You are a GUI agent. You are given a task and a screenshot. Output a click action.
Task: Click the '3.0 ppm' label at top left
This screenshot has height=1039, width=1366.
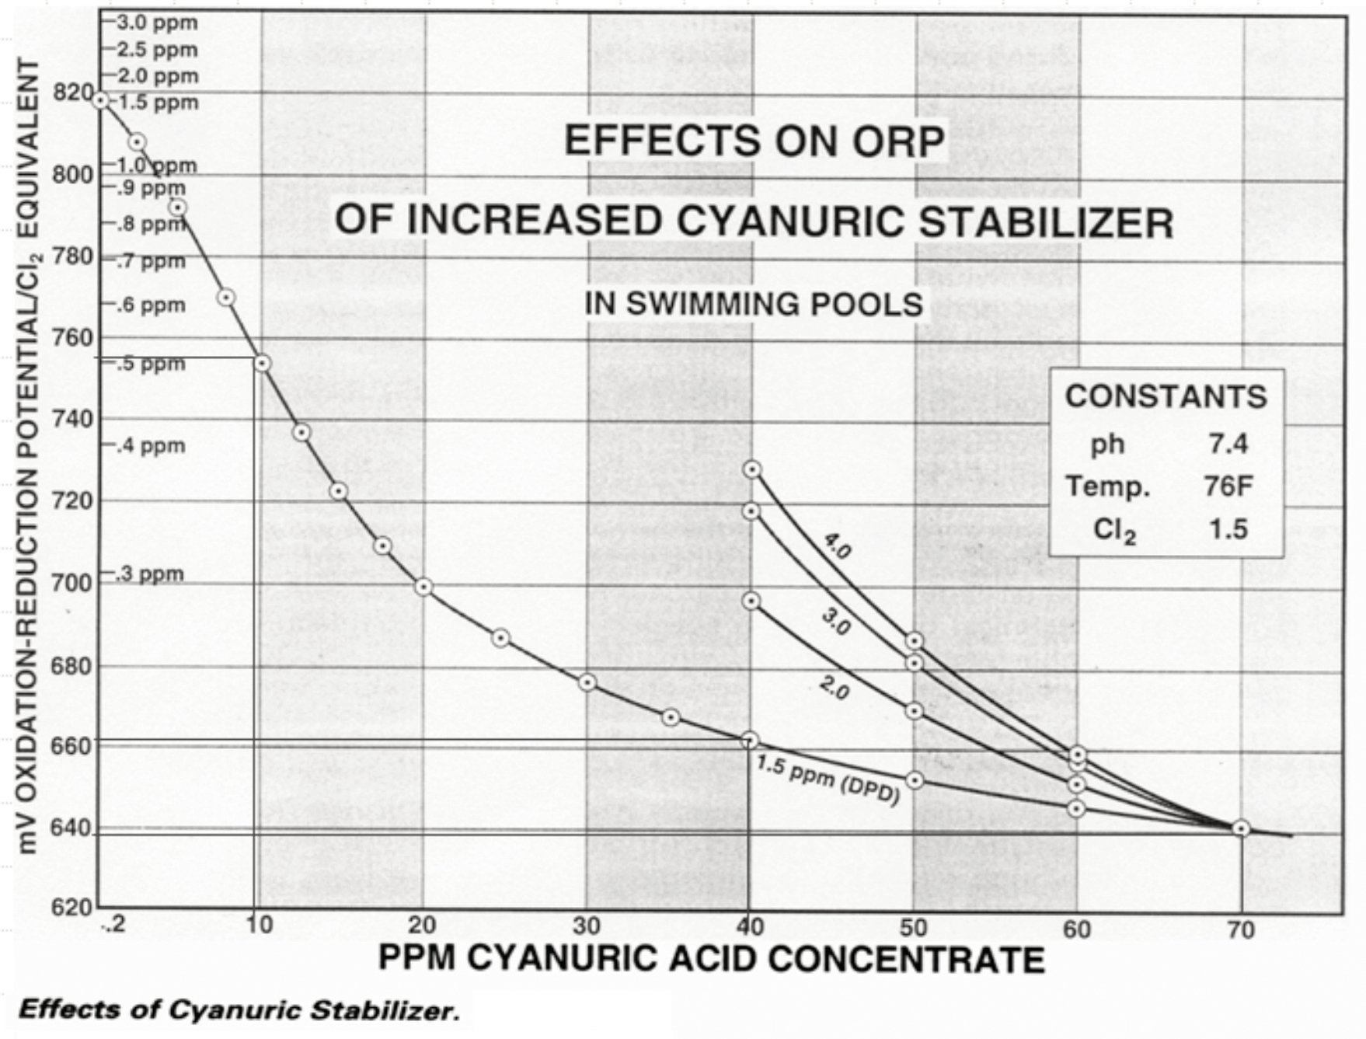pos(158,23)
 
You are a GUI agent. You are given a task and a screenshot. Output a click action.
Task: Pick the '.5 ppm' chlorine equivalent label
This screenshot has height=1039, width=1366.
pos(152,364)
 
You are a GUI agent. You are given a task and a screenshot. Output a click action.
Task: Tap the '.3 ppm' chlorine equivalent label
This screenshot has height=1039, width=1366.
pos(152,574)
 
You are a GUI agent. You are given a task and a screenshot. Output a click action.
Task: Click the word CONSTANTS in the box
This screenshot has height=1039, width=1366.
pos(1166,396)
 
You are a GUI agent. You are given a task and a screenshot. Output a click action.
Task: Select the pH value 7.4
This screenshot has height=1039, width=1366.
pos(1228,444)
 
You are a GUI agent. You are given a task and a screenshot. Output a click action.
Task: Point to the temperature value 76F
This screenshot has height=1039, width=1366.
pos(1228,486)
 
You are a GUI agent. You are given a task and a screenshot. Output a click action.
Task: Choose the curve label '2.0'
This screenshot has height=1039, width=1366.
pos(834,688)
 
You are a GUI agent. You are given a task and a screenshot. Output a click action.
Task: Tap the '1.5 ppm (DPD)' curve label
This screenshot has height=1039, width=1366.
pos(828,780)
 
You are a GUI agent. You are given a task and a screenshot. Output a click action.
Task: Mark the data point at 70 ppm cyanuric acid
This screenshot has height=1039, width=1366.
pos(1241,828)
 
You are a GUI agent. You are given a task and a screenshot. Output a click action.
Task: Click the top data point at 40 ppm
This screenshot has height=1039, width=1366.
pos(751,469)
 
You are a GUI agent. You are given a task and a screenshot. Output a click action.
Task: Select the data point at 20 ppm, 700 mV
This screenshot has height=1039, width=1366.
pos(423,587)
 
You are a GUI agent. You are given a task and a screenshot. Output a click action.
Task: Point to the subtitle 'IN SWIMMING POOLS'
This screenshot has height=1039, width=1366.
pos(754,304)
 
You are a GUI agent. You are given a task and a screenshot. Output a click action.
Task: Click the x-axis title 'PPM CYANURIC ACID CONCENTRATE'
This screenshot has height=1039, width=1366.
pos(711,961)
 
